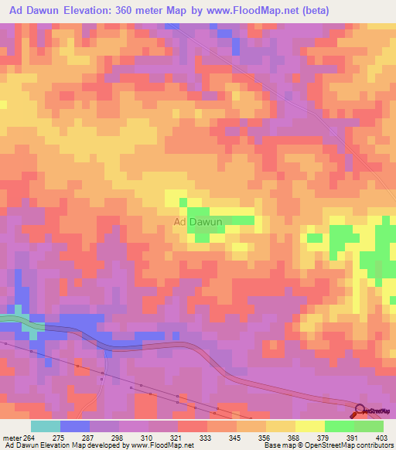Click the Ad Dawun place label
(199, 222)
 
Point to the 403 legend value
(379, 437)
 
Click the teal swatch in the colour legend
(46, 426)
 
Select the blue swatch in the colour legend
(75, 426)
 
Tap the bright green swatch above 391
(339, 426)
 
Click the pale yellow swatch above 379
(310, 426)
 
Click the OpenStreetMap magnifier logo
(361, 411)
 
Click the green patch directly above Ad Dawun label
(199, 213)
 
